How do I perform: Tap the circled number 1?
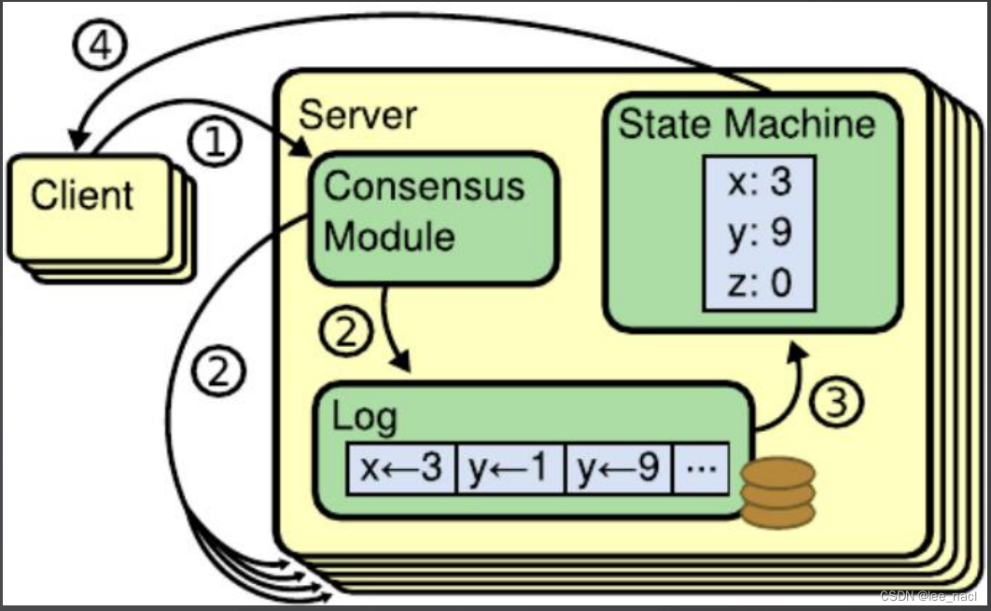[215, 141]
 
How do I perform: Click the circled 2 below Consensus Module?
[345, 331]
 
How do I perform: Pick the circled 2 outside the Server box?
[218, 370]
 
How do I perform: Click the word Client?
[82, 195]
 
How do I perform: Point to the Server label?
[357, 115]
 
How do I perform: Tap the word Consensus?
[425, 187]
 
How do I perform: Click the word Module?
[389, 236]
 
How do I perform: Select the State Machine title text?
[747, 123]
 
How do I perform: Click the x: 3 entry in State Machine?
[760, 182]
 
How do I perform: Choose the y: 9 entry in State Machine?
[760, 233]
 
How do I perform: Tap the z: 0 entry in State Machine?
[760, 283]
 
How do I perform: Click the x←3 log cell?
[401, 468]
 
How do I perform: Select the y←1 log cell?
[509, 468]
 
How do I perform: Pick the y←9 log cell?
[618, 468]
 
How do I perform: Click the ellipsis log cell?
[701, 468]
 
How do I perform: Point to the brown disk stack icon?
[778, 493]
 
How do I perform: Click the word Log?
[365, 418]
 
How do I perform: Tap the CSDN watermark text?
[928, 596]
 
